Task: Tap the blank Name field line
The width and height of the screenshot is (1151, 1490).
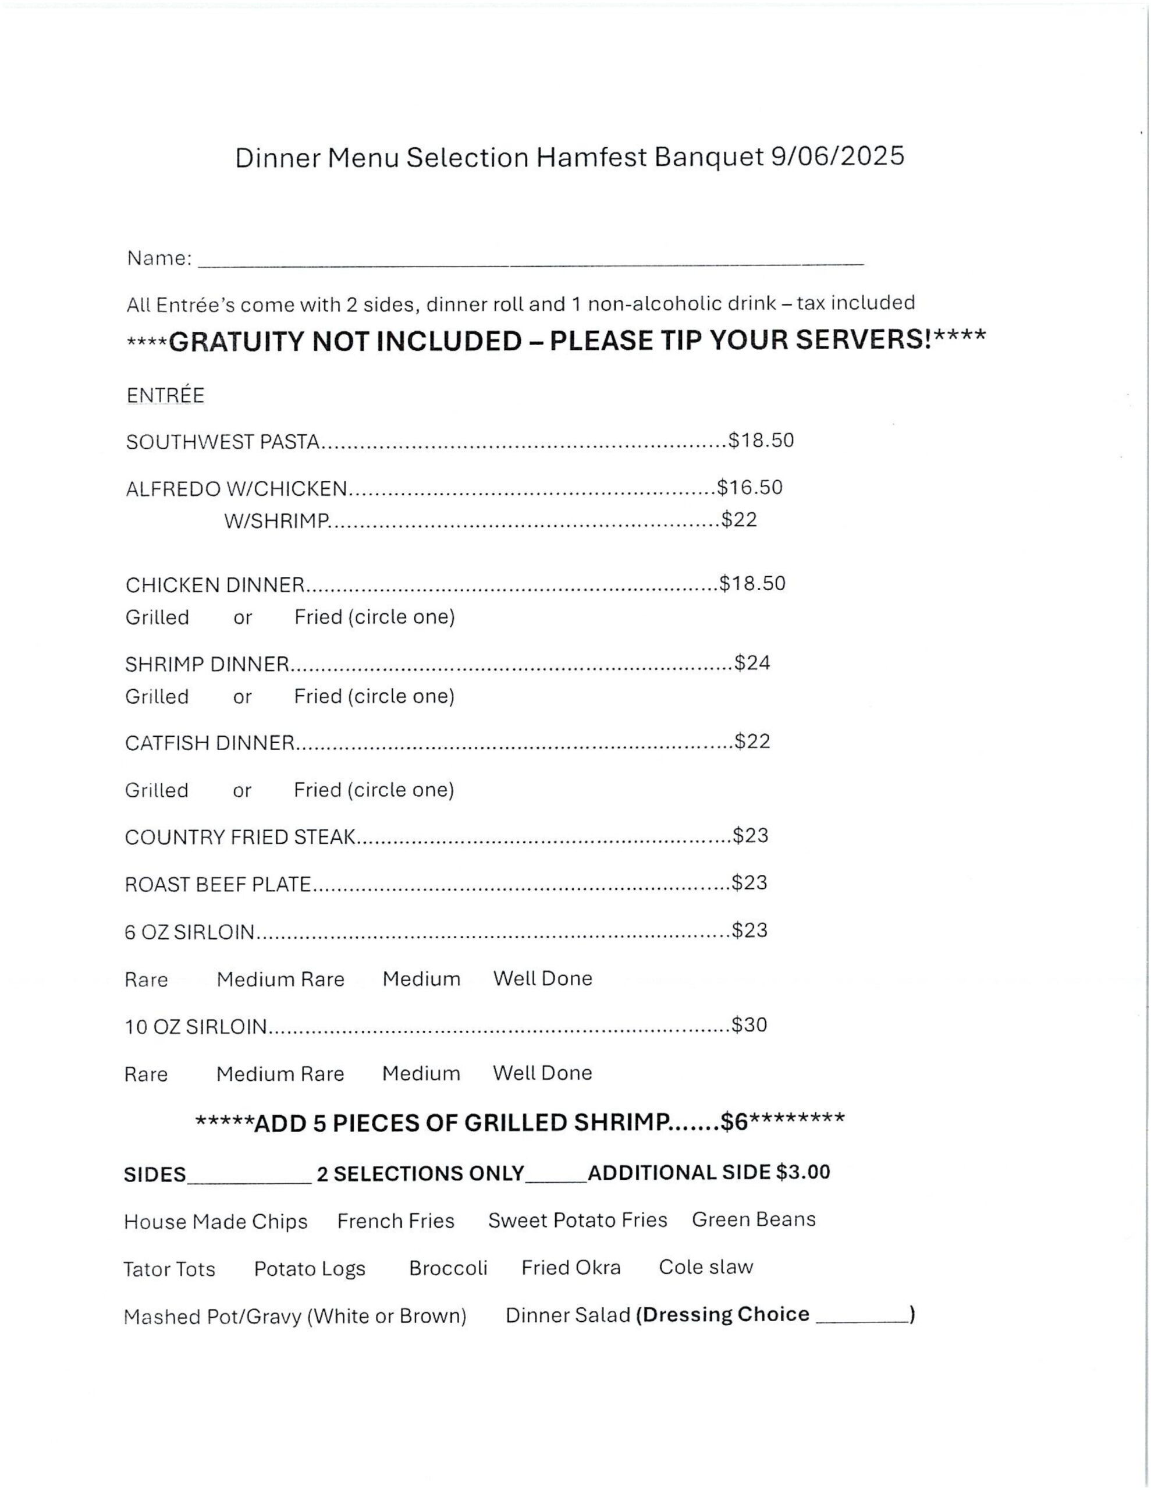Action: click(x=530, y=261)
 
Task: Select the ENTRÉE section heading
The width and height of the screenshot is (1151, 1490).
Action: click(x=165, y=396)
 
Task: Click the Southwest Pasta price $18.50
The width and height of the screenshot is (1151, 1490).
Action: click(x=762, y=441)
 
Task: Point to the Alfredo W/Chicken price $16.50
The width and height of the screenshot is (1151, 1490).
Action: click(x=750, y=488)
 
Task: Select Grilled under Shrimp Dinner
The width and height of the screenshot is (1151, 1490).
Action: click(x=157, y=697)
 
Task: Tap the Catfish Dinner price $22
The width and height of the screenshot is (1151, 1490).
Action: click(x=752, y=742)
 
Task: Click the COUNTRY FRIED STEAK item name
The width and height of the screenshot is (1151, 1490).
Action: click(x=240, y=837)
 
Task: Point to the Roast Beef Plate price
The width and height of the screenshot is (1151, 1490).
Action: click(x=750, y=883)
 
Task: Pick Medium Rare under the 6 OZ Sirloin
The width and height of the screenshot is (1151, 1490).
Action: click(x=280, y=980)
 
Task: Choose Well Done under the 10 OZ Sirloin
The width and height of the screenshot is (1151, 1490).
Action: click(x=542, y=1073)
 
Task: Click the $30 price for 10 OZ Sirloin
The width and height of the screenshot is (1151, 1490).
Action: click(x=749, y=1025)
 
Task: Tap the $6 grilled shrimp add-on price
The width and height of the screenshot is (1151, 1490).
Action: click(x=734, y=1123)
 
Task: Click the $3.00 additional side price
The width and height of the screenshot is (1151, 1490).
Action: click(x=803, y=1172)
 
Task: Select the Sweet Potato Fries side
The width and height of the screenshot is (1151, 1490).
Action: click(x=577, y=1220)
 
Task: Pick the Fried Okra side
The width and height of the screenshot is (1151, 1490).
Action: click(x=571, y=1268)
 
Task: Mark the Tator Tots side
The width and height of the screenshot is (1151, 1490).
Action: click(x=169, y=1269)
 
